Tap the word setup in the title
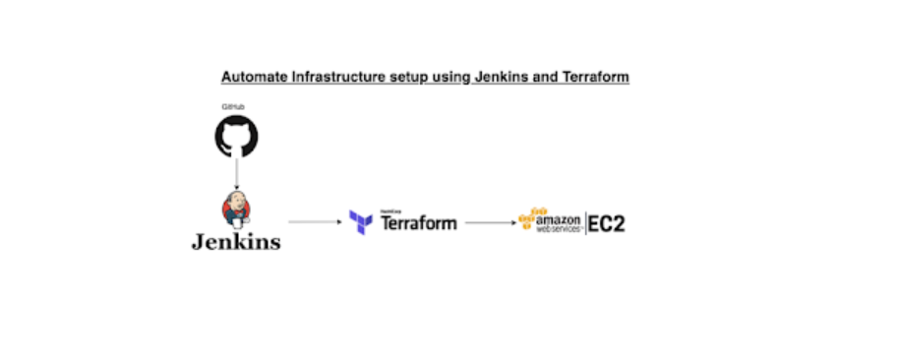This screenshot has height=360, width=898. point(399,77)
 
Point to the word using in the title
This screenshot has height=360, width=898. point(445,77)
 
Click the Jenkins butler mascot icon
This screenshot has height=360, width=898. point(236,208)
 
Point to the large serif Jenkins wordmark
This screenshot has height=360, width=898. point(235,240)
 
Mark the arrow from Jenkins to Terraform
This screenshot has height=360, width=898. point(314,222)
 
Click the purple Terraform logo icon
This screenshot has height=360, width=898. point(360,222)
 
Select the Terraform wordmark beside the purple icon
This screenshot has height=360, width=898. point(418,223)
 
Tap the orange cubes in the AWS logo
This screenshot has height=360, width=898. point(532,218)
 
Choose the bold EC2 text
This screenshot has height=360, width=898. point(607,223)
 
